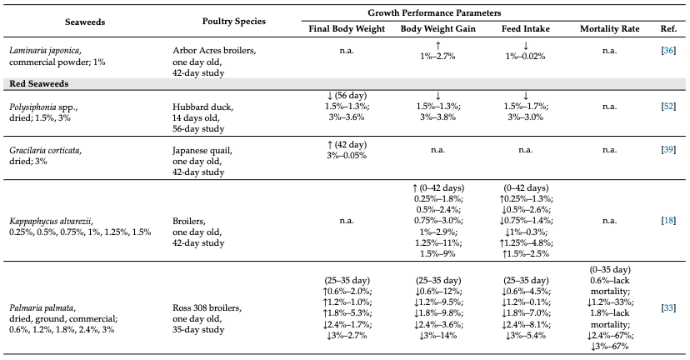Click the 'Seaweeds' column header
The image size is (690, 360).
tap(85, 22)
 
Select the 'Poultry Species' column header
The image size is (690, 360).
tap(233, 21)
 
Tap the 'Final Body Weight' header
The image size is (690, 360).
tap(347, 29)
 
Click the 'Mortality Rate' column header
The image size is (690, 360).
tap(609, 29)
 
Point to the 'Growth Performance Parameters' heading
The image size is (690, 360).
tap(434, 12)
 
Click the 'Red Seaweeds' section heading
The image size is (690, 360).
tap(38, 83)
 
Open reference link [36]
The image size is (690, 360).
tap(668, 50)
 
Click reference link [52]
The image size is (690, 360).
tap(668, 106)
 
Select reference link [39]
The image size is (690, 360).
tap(668, 149)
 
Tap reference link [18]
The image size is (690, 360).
tap(668, 220)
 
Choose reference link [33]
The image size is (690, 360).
tap(668, 307)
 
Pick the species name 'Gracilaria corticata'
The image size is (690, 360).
tap(45, 151)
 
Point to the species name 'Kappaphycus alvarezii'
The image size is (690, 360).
tap(51, 221)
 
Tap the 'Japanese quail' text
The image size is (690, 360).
tap(202, 151)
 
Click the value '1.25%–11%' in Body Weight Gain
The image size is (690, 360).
tap(437, 242)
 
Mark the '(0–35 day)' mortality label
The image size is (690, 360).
tap(609, 269)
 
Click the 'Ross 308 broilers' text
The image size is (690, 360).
tap(207, 308)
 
